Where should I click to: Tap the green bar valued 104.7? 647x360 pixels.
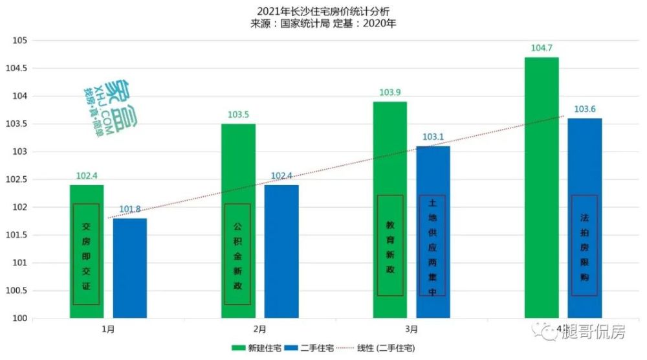(542, 188)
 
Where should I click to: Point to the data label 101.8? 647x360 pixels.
(130, 209)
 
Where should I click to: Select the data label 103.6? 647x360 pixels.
(585, 109)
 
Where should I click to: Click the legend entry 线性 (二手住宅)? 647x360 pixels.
(379, 348)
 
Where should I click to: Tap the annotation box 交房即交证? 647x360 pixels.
(86, 254)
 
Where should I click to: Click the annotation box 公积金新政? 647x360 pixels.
(237, 254)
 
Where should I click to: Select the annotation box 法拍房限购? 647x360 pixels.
(584, 245)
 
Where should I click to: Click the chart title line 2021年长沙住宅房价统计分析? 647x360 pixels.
(323, 12)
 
